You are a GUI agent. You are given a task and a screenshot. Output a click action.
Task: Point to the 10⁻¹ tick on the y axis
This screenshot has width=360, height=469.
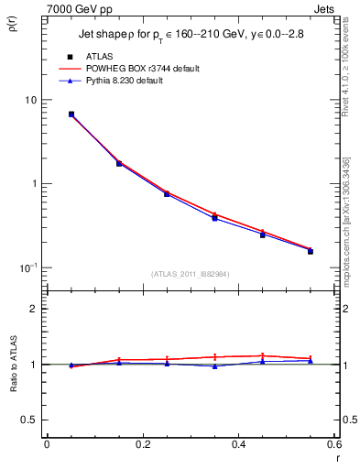[x=29, y=267]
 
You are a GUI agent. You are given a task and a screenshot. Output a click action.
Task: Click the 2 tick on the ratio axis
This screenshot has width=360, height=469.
[x=35, y=310]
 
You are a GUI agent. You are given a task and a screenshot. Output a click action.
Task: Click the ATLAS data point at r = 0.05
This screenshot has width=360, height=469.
[x=71, y=115]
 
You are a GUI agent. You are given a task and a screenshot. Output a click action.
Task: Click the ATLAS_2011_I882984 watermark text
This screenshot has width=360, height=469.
[x=190, y=275]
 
